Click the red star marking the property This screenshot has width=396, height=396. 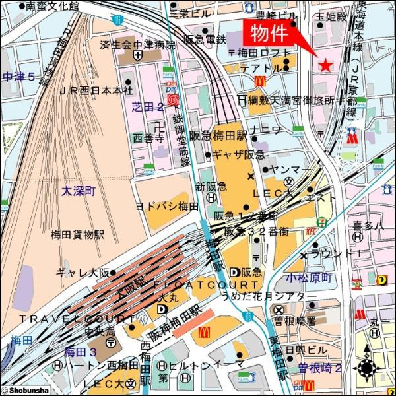pos(325,65)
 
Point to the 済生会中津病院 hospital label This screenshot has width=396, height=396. pos(139,45)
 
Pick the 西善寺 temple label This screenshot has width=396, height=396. pos(148,138)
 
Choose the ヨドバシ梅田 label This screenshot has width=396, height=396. pos(168,206)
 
